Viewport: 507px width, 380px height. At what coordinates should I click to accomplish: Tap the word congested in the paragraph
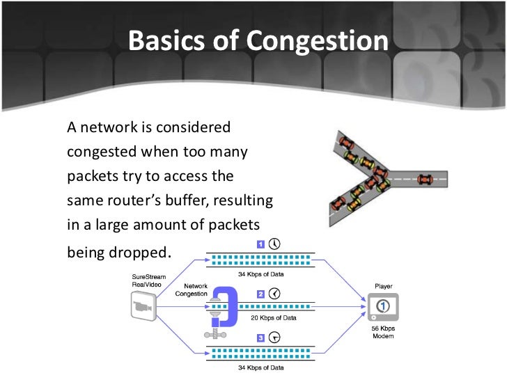101,152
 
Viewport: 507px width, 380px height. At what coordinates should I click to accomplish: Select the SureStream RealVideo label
149,280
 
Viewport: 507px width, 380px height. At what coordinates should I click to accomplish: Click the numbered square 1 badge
259,244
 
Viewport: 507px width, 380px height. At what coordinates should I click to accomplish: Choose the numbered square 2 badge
260,294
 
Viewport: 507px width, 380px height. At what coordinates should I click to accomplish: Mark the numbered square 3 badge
260,338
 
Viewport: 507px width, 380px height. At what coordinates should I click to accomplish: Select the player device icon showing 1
383,307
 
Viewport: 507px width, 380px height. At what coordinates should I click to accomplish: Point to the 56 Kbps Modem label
383,332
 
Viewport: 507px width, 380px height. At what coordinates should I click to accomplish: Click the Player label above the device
383,285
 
